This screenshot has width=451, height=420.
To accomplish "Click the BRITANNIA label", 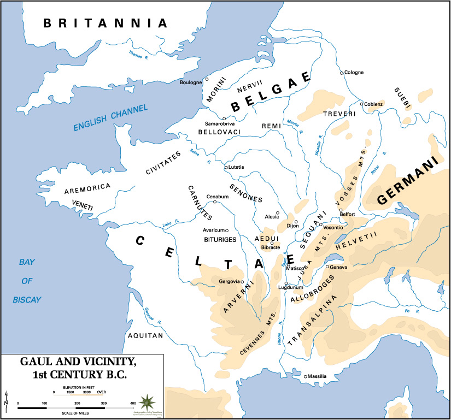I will pyautogui.click(x=106, y=23).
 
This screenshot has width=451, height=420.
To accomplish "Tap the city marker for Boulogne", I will pyautogui.click(x=207, y=79).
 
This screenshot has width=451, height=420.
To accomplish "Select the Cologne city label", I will pyautogui.click(x=354, y=73).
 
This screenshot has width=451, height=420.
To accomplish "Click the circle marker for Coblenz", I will pyautogui.click(x=361, y=103).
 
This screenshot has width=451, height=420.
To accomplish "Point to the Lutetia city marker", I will pyautogui.click(x=226, y=168).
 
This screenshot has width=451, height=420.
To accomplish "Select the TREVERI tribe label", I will pyautogui.click(x=339, y=114).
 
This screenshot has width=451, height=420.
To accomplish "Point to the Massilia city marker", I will pyautogui.click(x=305, y=377).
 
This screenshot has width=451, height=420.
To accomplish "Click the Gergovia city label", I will pyautogui.click(x=230, y=281).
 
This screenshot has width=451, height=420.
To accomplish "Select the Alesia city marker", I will pyautogui.click(x=278, y=213).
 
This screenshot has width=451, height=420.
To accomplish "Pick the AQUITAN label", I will pyautogui.click(x=145, y=336).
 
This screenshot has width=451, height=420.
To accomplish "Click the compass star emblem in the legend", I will pyautogui.click(x=147, y=403).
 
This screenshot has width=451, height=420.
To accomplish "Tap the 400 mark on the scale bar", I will pyautogui.click(x=133, y=403).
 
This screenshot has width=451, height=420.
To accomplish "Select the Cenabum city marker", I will pyautogui.click(x=215, y=202).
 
